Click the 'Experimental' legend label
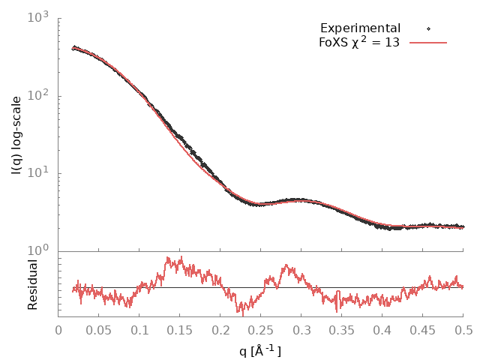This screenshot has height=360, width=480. tap(360, 28)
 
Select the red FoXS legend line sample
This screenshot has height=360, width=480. tap(428, 43)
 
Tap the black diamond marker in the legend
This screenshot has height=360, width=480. tap(428, 28)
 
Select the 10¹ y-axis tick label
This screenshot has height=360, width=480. tap(37, 173)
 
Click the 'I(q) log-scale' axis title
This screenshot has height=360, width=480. tap(16, 134)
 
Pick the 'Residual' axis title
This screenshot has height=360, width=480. tap(32, 284)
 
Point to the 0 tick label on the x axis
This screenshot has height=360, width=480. tap(58, 329)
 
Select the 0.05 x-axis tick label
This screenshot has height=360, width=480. tap(99, 329)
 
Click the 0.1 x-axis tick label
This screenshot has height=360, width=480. tap(139, 329)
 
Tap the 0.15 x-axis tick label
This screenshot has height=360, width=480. tap(180, 329)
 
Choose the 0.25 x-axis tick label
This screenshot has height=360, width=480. tap(261, 329)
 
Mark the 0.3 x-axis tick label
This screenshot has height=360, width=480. tap(301, 329)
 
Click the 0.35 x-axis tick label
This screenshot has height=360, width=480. tap(342, 329)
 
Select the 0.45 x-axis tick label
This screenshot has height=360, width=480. tap(423, 329)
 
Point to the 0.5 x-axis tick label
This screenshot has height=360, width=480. tap(463, 329)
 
